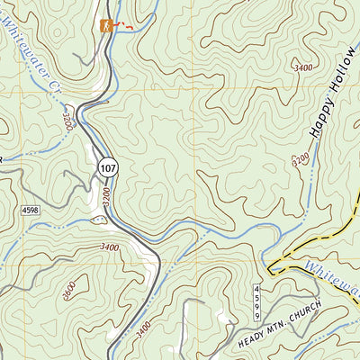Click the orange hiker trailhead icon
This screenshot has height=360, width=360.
tap(108, 26)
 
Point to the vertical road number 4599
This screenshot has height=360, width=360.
tap(256, 298)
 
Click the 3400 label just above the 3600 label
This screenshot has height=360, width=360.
tap(109, 247)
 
